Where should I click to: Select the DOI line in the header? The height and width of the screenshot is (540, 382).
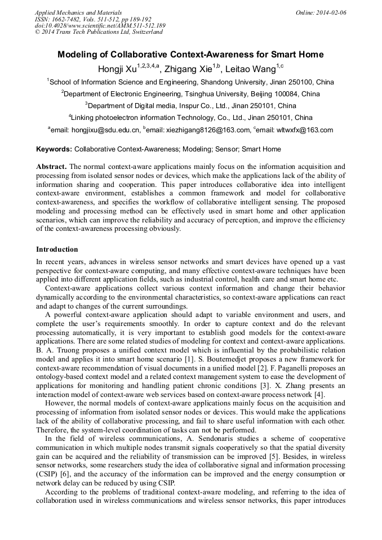(100, 25)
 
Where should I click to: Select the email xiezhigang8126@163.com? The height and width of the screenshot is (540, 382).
(207, 130)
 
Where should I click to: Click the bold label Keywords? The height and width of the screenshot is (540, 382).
(54, 149)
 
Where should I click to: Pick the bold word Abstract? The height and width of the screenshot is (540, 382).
(51, 167)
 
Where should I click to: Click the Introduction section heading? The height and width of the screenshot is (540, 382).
(57, 249)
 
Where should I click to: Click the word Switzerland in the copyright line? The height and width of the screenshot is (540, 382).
(145, 32)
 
